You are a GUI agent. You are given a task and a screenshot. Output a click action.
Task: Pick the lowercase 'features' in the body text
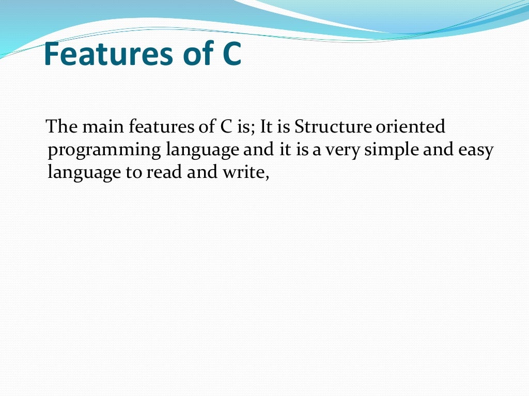tap(161, 126)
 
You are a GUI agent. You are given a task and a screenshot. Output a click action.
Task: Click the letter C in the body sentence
tap(217, 126)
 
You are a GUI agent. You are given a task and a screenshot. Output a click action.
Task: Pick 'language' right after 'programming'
tap(203, 151)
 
